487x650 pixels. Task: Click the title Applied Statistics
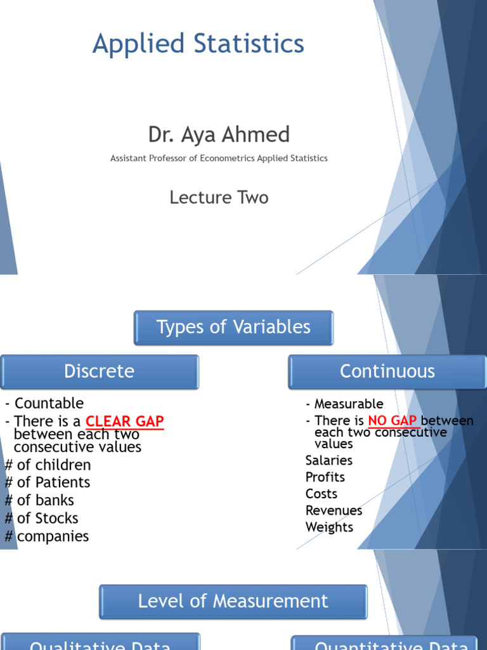click(198, 44)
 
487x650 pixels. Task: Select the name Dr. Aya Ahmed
click(219, 135)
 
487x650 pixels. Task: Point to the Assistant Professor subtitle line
click(219, 158)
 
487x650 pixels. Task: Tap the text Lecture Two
click(219, 197)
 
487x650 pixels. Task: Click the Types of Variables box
click(233, 328)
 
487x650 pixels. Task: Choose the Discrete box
click(100, 371)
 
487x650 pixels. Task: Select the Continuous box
click(387, 371)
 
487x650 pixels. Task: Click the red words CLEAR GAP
click(124, 421)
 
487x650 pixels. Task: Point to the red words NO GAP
click(392, 421)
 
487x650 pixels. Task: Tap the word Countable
click(49, 404)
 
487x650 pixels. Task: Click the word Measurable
click(349, 404)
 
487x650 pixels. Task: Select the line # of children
click(48, 465)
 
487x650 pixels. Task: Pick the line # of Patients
click(48, 483)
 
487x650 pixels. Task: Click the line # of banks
click(39, 501)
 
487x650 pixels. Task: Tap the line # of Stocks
click(41, 519)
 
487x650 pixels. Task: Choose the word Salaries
click(328, 461)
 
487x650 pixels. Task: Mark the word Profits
click(325, 477)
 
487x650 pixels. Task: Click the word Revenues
click(334, 511)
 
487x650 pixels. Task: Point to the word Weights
click(329, 527)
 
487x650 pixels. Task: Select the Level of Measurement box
click(233, 602)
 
